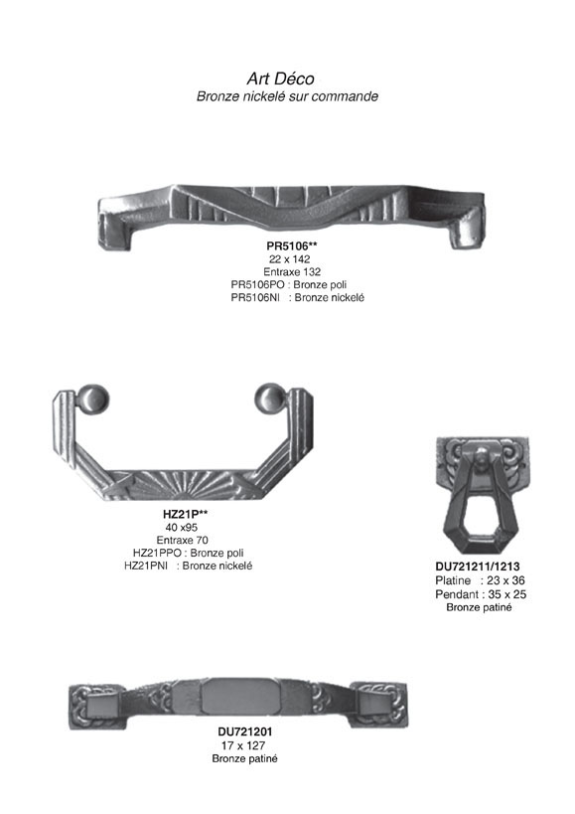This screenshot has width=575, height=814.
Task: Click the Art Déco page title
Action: tap(280, 79)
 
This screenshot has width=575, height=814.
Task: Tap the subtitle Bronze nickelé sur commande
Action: tap(287, 96)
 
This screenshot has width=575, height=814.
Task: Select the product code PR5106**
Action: tap(292, 246)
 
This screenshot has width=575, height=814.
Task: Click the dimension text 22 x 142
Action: tap(289, 259)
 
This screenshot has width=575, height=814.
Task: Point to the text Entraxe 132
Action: tap(292, 271)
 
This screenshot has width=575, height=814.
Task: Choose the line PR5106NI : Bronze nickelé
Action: tap(298, 297)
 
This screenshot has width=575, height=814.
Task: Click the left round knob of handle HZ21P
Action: tap(92, 401)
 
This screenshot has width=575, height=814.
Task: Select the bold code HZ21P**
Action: tap(185, 515)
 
